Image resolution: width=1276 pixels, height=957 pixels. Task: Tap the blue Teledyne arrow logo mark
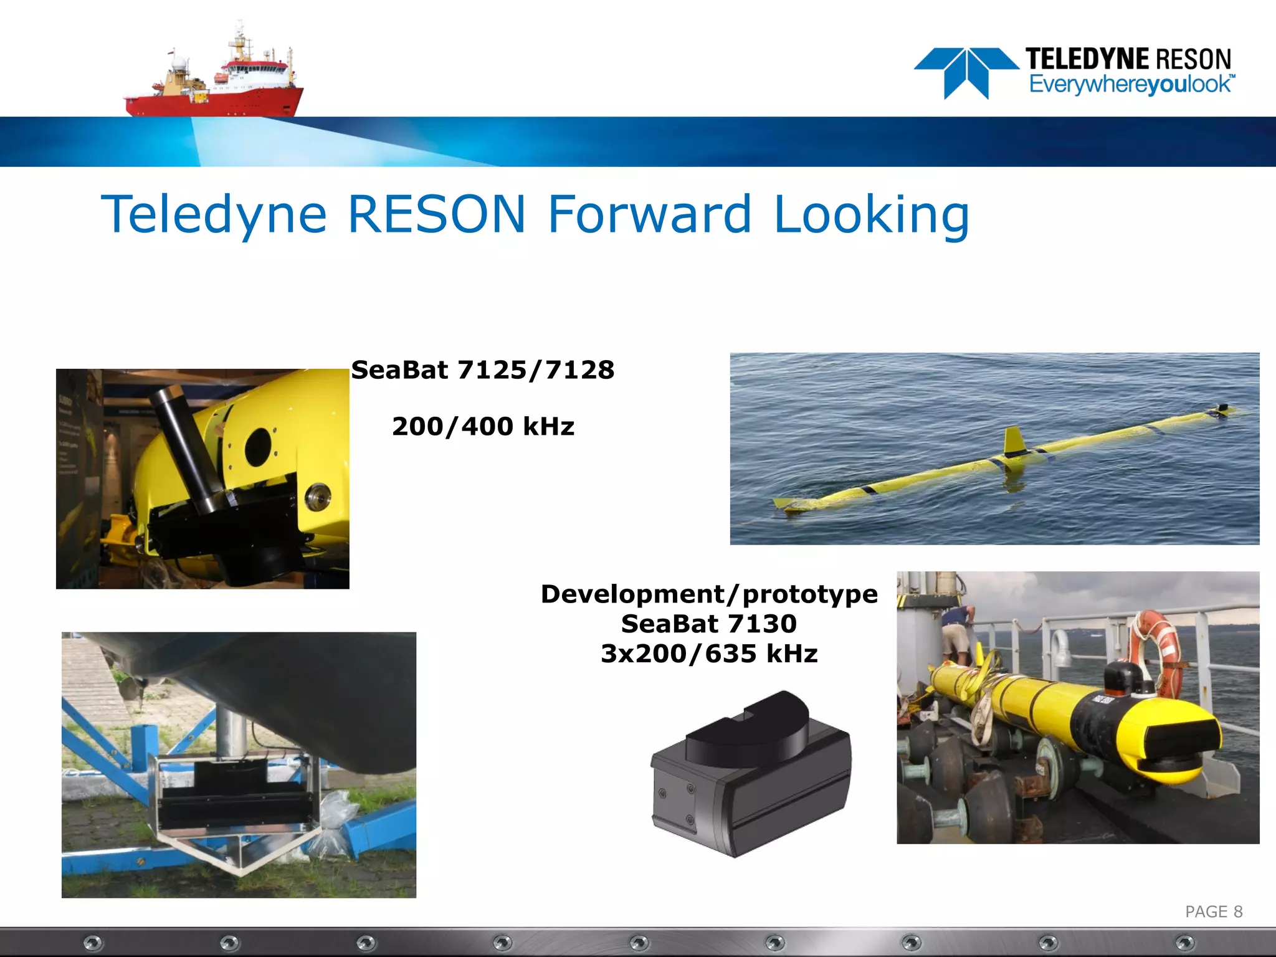pyautogui.click(x=966, y=72)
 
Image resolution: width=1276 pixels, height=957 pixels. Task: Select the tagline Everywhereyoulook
pyautogui.click(x=1130, y=85)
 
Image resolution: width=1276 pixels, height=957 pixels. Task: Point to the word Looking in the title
pyautogui.click(x=871, y=215)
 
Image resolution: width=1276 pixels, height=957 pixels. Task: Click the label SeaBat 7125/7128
pyautogui.click(x=483, y=370)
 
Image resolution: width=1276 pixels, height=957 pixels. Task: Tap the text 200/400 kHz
pyautogui.click(x=483, y=427)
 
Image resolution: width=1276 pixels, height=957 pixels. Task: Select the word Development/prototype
pyautogui.click(x=709, y=594)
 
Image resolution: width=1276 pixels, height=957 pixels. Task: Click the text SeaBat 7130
pyautogui.click(x=709, y=624)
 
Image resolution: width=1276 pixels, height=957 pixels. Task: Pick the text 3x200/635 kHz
pyautogui.click(x=709, y=654)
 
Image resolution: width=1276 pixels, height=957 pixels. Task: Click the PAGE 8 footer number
pyautogui.click(x=1213, y=912)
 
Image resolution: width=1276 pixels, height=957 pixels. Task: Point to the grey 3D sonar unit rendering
pyautogui.click(x=751, y=776)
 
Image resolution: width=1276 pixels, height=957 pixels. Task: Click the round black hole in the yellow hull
pyautogui.click(x=258, y=447)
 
